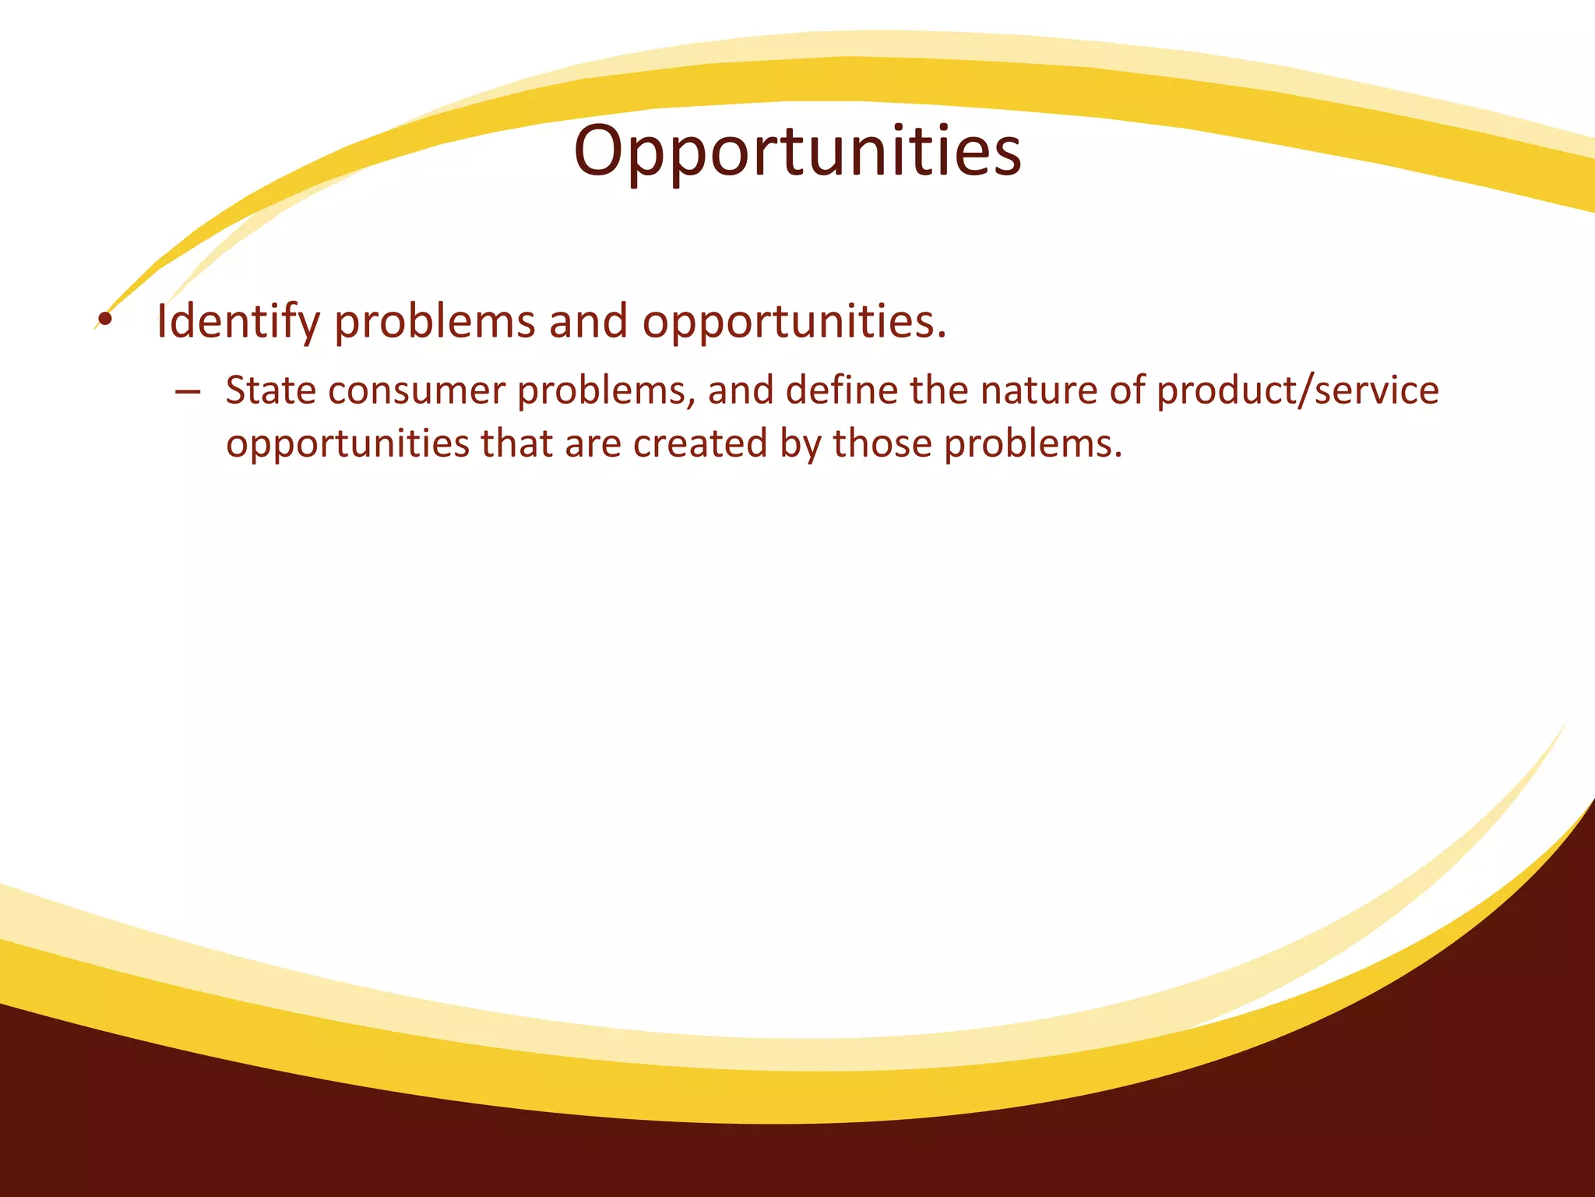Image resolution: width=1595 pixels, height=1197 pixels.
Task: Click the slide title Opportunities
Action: tap(797, 152)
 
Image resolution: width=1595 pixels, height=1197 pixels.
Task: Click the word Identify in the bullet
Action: tap(238, 322)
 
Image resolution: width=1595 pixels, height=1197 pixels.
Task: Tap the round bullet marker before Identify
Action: tap(105, 319)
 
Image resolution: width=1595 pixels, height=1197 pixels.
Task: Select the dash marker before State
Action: tap(187, 392)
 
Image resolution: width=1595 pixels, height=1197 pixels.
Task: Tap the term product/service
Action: tap(1297, 390)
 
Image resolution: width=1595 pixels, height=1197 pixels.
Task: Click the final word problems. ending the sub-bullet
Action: tap(1033, 444)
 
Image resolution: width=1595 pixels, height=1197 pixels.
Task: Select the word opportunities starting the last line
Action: tap(348, 444)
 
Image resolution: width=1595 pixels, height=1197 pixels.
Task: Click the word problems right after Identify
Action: tap(435, 322)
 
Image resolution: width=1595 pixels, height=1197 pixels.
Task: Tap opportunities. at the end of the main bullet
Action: tap(794, 322)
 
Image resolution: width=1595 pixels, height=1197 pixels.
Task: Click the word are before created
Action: tap(592, 444)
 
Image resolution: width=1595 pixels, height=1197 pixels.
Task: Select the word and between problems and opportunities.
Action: tap(588, 322)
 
